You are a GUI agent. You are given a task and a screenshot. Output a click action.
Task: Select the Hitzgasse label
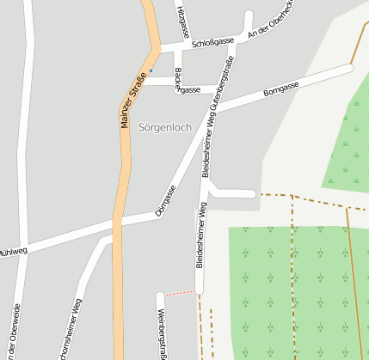coord(180,18)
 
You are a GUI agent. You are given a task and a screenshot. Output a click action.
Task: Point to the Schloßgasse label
coord(213,41)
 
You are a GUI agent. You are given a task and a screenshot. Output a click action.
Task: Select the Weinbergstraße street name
coord(162,330)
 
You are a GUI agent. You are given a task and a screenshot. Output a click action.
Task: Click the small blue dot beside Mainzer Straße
coord(151,70)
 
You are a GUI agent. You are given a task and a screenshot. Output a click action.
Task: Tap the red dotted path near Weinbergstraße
coord(180,293)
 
